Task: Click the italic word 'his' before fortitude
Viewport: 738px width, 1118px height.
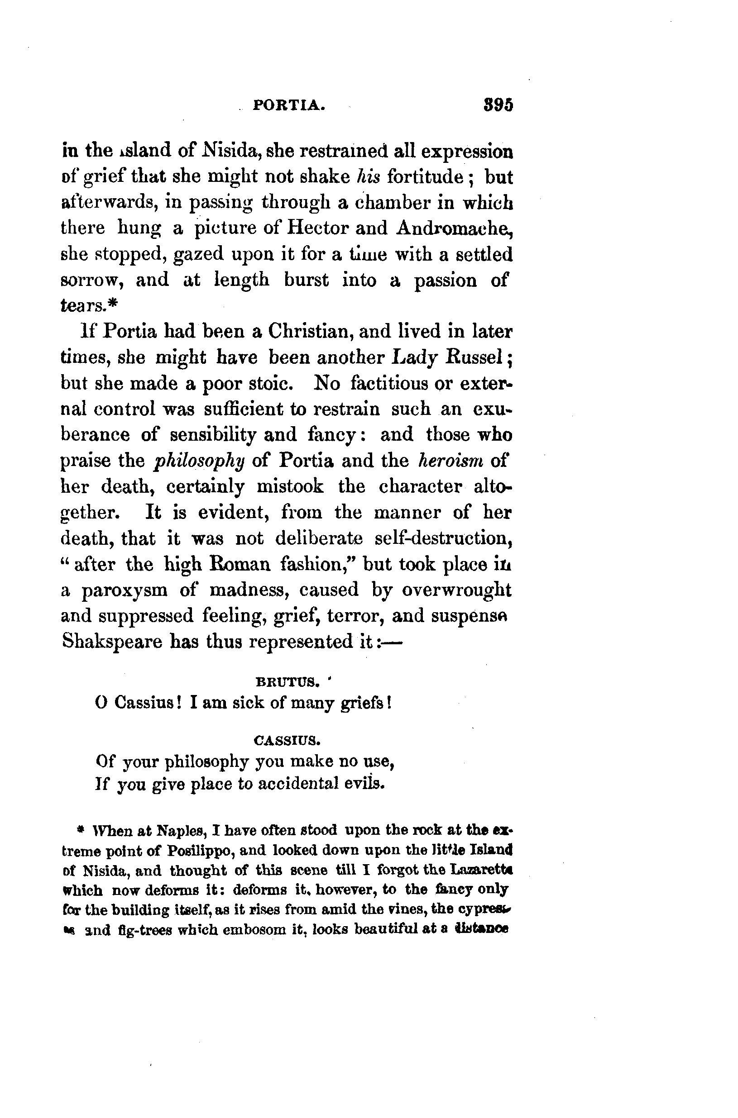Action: pyautogui.click(x=368, y=177)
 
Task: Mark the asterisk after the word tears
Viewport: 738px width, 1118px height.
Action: pyautogui.click(x=112, y=305)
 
